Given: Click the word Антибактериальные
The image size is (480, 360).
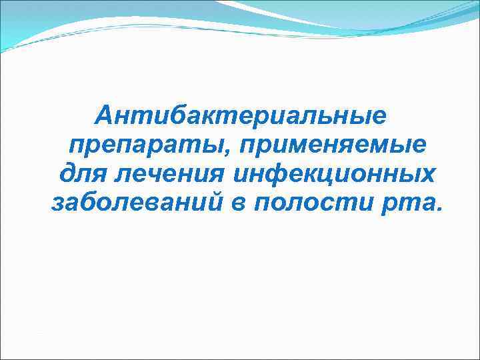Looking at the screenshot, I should click(x=241, y=117).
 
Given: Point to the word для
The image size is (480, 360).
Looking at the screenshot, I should click(x=79, y=173).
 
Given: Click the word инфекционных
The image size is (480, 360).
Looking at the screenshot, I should click(x=333, y=173).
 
